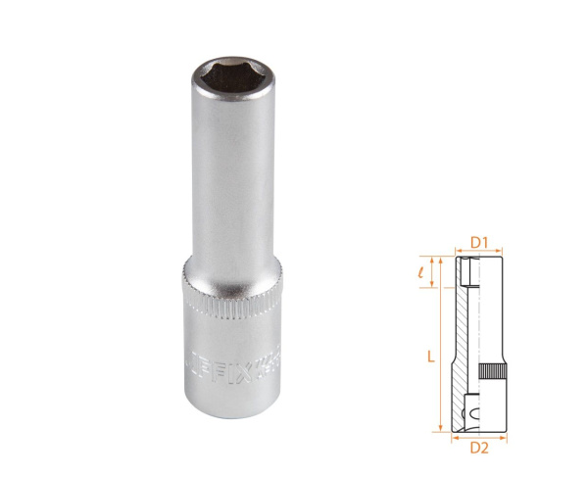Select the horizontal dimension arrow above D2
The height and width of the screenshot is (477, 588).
479,436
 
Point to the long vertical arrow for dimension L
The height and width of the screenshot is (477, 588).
444,343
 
